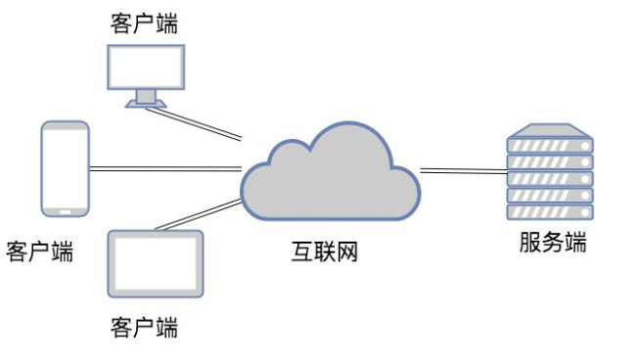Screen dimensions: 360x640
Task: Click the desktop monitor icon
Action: (145, 67)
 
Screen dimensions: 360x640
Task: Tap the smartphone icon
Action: (66, 167)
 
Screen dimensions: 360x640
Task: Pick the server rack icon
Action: (550, 176)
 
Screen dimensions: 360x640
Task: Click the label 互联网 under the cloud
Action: (324, 252)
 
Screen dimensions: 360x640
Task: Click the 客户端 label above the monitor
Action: (145, 22)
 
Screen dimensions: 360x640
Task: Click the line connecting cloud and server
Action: (463, 172)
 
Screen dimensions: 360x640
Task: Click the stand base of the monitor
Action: (145, 103)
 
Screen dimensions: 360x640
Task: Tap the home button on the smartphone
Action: (66, 209)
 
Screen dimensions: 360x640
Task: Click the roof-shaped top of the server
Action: (550, 129)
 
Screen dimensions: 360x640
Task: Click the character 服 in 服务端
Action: (530, 244)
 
